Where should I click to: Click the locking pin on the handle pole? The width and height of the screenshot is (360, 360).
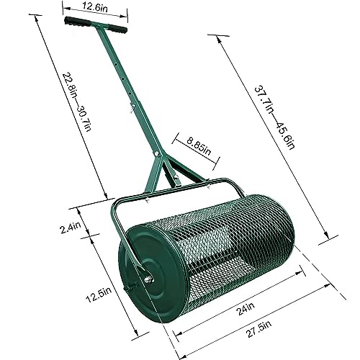[132, 109]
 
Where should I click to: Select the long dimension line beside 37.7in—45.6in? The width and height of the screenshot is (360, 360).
[277, 137]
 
